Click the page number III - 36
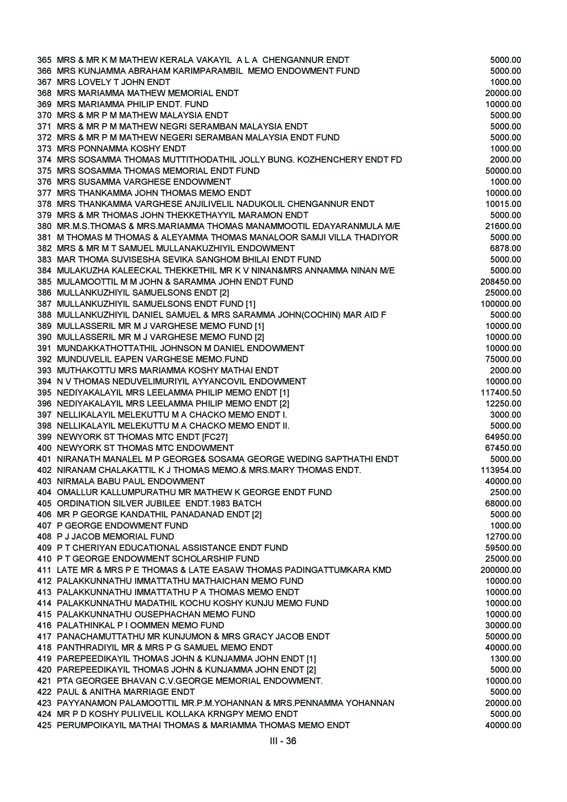pos(283,741)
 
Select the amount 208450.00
pos(501,282)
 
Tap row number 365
pos(44,60)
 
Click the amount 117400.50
pos(501,392)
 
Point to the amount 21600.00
pos(503,226)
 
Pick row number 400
pos(44,448)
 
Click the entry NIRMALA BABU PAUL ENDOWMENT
pos(131,481)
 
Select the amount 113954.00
pos(501,470)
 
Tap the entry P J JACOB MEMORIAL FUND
pos(116,537)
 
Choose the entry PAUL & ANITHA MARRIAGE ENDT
pos(126,692)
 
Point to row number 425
pos(44,725)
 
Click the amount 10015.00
pos(503,204)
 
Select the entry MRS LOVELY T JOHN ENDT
pos(113,82)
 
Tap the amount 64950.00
pos(503,437)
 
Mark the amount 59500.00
pos(503,548)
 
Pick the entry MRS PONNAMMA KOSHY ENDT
pos(121,149)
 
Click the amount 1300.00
pos(506,659)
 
